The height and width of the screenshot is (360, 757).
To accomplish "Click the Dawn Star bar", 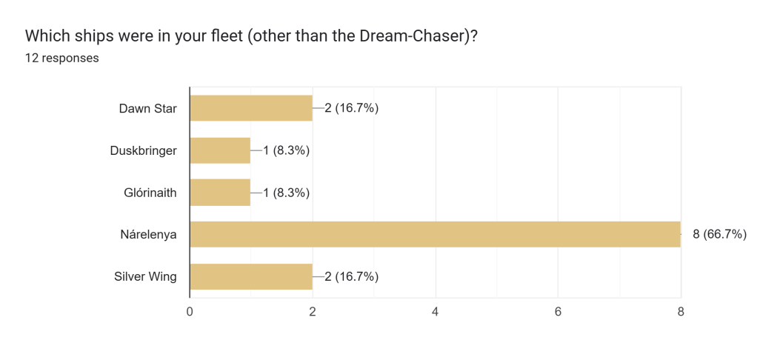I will [251, 108].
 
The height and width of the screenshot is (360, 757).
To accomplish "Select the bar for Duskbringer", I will [220, 150].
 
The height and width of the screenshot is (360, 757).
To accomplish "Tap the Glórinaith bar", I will [220, 193].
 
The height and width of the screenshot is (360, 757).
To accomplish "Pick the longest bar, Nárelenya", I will [435, 234].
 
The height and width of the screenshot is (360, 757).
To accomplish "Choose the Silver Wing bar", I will [251, 276].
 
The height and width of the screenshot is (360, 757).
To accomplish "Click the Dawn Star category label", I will [148, 108].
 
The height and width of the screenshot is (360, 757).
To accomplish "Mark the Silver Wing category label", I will [146, 276].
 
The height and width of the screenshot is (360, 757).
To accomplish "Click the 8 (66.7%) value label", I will [719, 234].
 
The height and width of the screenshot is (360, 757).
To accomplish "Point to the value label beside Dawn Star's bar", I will [351, 108].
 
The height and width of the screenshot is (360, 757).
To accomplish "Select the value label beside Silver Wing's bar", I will [351, 276].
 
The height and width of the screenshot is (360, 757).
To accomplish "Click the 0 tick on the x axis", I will [190, 313].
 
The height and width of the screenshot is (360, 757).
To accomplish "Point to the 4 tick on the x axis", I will [435, 313].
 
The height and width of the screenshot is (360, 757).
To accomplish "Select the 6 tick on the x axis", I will [558, 313].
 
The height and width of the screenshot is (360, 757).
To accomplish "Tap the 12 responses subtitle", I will [62, 58].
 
